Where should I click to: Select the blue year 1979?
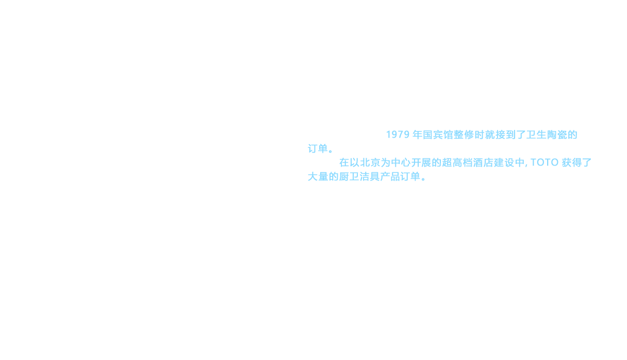[398, 135]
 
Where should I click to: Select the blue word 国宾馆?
[448, 135]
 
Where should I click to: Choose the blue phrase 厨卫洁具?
[359, 177]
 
